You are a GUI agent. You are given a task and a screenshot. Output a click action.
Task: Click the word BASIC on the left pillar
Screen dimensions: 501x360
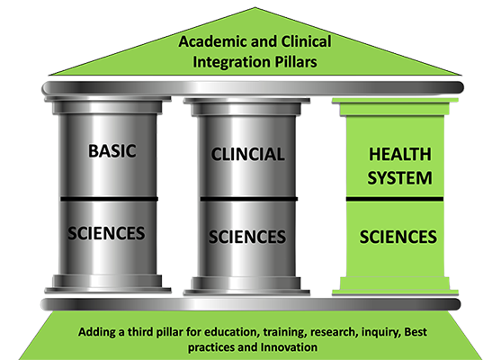pyautogui.click(x=112, y=151)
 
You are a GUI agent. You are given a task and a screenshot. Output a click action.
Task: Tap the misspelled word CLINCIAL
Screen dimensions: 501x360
pyautogui.click(x=247, y=155)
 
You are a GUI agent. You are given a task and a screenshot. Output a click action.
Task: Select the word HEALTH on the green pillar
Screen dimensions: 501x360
pyautogui.click(x=400, y=155)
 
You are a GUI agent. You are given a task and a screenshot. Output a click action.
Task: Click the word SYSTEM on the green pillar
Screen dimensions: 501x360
pyautogui.click(x=399, y=178)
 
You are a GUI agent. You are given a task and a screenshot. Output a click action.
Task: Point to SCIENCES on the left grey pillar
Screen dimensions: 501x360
pyautogui.click(x=106, y=233)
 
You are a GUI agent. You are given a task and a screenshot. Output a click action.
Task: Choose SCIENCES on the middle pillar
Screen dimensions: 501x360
pyautogui.click(x=247, y=237)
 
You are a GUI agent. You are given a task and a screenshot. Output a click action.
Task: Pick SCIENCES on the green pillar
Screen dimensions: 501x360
pyautogui.click(x=398, y=237)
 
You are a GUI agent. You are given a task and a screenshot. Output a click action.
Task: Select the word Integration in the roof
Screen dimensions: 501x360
pyautogui.click(x=232, y=62)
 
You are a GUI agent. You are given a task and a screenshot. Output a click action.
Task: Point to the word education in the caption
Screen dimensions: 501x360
pyautogui.click(x=230, y=332)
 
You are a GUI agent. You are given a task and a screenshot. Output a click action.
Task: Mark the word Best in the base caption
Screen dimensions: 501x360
pyautogui.click(x=416, y=332)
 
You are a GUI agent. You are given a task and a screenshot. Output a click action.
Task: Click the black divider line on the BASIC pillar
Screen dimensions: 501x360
pyautogui.click(x=109, y=199)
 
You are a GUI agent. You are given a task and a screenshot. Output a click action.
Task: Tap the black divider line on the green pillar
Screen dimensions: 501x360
pyautogui.click(x=395, y=199)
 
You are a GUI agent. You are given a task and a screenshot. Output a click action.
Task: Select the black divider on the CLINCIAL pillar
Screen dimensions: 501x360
pyautogui.click(x=249, y=199)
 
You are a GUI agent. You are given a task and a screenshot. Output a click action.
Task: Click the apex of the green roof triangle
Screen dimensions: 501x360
pyautogui.click(x=255, y=7)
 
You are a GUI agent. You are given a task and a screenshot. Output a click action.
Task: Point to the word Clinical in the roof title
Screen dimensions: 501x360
pyautogui.click(x=306, y=42)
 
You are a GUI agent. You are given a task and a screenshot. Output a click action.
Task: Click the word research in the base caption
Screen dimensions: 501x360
pyautogui.click(x=334, y=332)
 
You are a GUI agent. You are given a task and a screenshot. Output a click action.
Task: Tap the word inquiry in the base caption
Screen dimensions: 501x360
pyautogui.click(x=381, y=333)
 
